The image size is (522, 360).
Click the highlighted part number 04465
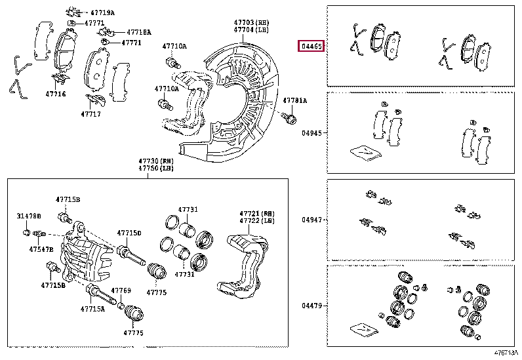(311, 46)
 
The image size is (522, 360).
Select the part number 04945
(311, 132)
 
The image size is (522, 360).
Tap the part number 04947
(311, 220)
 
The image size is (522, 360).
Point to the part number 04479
(311, 306)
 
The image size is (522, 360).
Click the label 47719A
(102, 12)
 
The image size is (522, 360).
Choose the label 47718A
(138, 32)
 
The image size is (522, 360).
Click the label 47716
(55, 94)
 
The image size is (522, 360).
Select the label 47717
(90, 113)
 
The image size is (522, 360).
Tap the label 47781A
(294, 100)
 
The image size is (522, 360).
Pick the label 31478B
(29, 216)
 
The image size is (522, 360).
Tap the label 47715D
(129, 233)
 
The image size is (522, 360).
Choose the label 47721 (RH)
(256, 214)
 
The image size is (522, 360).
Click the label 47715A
(92, 308)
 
